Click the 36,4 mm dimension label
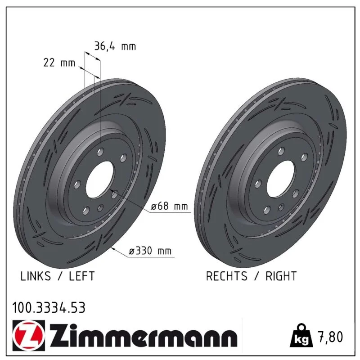click(x=115, y=46)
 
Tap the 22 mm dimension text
click(x=59, y=63)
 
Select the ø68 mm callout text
click(x=169, y=206)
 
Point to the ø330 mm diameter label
click(x=150, y=251)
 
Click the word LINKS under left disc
click(x=36, y=276)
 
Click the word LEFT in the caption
click(x=82, y=276)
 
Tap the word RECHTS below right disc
click(x=227, y=276)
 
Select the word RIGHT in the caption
click(x=281, y=276)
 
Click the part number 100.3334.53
click(x=49, y=308)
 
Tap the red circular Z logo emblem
click(x=29, y=335)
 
